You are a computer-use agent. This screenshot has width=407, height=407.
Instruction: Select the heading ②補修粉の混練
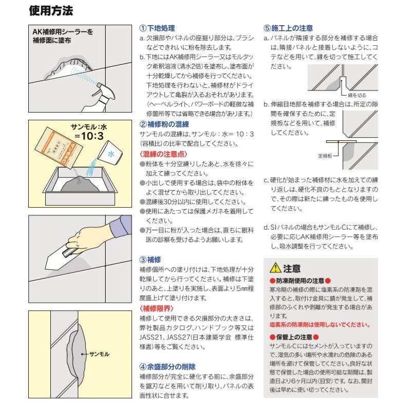164,124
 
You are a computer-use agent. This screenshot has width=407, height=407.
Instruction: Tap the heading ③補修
151,260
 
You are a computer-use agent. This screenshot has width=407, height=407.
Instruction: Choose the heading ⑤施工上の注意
288,28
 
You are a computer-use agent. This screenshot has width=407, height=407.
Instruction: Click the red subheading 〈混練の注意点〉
163,154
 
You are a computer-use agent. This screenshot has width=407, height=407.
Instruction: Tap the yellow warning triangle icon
275,268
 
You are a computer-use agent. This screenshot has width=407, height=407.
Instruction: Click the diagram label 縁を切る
357,95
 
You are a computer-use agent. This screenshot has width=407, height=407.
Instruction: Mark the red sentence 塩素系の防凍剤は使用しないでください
319,325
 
